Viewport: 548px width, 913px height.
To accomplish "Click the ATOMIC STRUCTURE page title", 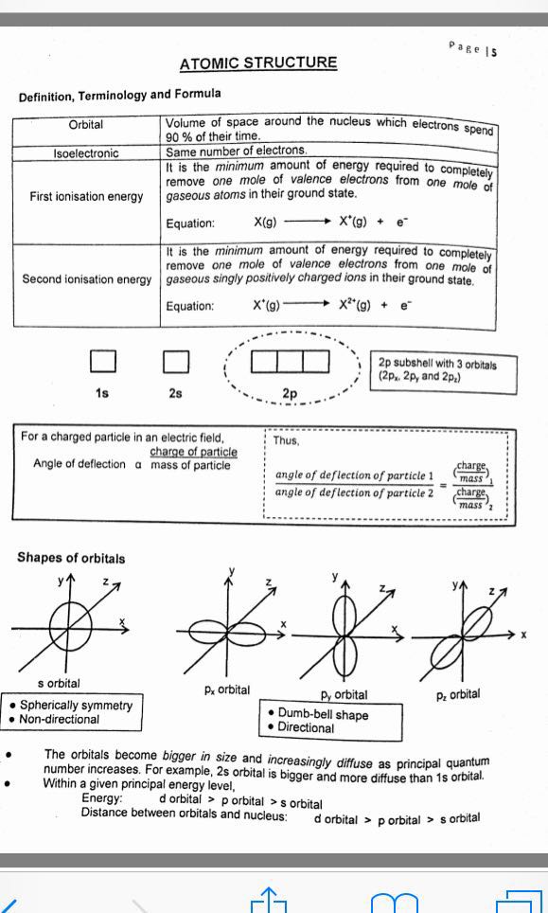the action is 257,63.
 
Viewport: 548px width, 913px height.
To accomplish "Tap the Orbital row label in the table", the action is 86,125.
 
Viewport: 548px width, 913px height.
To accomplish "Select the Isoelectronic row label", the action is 86,152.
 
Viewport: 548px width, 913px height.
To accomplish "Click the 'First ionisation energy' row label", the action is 86,197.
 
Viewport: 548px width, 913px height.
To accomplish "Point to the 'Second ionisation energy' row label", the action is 86,279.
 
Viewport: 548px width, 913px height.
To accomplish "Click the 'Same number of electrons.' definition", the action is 237,151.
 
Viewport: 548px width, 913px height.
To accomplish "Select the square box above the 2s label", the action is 175,362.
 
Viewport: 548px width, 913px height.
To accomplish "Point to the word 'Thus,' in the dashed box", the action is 286,440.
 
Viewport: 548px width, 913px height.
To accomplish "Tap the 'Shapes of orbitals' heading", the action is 70,558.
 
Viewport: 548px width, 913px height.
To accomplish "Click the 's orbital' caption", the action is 59,683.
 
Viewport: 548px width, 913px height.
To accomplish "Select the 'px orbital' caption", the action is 226,689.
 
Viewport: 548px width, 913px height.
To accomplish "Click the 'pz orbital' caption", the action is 458,694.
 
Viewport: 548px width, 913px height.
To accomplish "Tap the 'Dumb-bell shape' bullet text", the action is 323,714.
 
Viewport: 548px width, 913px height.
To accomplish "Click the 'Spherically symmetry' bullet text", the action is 76,706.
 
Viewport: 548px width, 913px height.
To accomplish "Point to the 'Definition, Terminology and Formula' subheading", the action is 119,95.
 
